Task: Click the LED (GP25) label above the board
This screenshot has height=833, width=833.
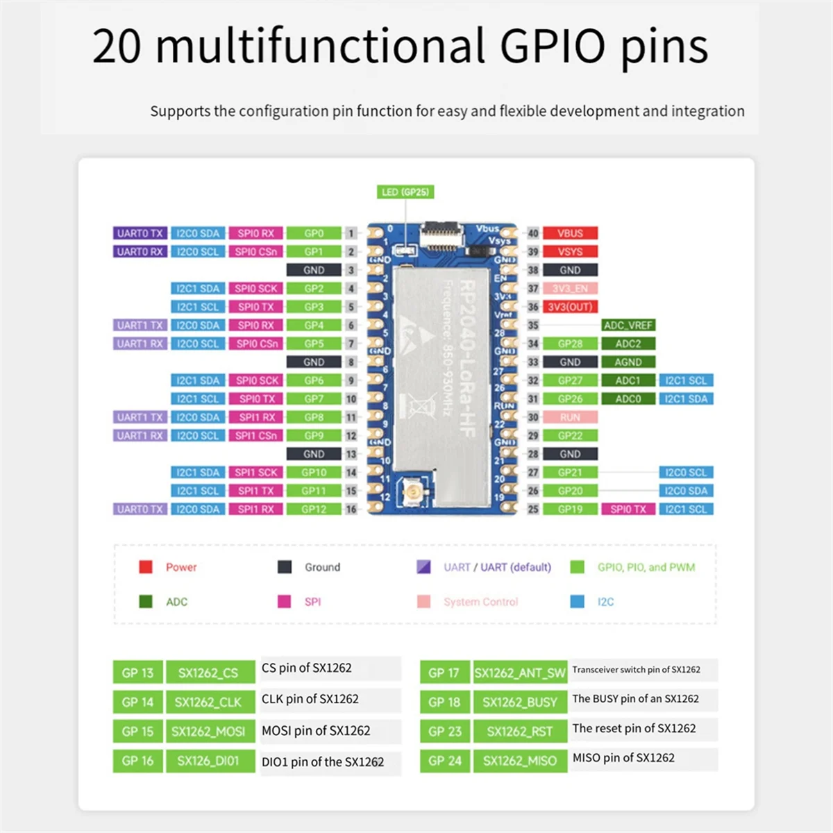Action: [405, 192]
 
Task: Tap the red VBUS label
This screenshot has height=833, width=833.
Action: [570, 233]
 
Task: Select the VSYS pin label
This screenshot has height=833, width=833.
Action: [570, 251]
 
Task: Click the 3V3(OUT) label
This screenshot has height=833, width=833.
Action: [570, 307]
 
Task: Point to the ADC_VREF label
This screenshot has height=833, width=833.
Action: [628, 325]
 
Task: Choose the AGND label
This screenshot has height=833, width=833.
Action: [628, 362]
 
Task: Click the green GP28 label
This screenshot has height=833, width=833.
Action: [570, 344]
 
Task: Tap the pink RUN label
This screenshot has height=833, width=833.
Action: [570, 417]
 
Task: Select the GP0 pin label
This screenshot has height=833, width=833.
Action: [314, 233]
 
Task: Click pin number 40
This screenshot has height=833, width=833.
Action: [533, 233]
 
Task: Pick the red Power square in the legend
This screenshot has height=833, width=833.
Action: [146, 567]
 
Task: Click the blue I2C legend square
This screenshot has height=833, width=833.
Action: [577, 602]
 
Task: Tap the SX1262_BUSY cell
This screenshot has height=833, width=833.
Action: [520, 702]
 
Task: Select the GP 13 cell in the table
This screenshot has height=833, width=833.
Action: [137, 673]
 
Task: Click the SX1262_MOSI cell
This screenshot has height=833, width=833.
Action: [209, 731]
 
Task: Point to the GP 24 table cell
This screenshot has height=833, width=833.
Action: [445, 761]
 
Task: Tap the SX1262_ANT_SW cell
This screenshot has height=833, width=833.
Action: [520, 673]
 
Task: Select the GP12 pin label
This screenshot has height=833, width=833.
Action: [314, 509]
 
